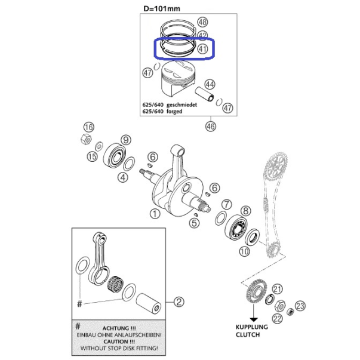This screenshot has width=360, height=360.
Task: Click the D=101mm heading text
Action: click(x=162, y=9)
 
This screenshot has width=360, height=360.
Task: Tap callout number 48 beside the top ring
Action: click(x=202, y=22)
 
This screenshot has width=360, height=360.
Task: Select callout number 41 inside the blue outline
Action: click(x=202, y=49)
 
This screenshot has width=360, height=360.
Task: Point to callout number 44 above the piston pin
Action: click(x=210, y=85)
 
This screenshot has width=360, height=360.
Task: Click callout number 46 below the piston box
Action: click(x=211, y=127)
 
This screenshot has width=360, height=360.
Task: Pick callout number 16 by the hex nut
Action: click(x=89, y=127)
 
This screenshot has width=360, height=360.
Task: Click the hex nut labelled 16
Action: click(x=86, y=139)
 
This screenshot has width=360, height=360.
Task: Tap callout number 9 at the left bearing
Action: click(x=126, y=140)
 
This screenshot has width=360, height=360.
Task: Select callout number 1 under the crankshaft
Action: click(x=155, y=214)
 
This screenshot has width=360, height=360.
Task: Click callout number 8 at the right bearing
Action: click(x=245, y=211)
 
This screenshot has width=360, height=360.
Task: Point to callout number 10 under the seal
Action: click(x=244, y=251)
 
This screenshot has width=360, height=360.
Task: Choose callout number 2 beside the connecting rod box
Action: click(x=179, y=301)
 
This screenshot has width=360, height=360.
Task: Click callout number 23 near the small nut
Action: click(x=300, y=306)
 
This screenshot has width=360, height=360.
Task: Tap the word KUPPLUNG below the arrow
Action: click(x=251, y=327)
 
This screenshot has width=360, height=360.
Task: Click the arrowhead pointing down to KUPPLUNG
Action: click(x=254, y=319)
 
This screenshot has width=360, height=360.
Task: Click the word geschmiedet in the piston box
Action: click(x=181, y=105)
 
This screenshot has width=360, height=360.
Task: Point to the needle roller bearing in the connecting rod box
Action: click(x=115, y=284)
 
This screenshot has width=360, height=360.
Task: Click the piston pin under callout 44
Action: click(x=205, y=94)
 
